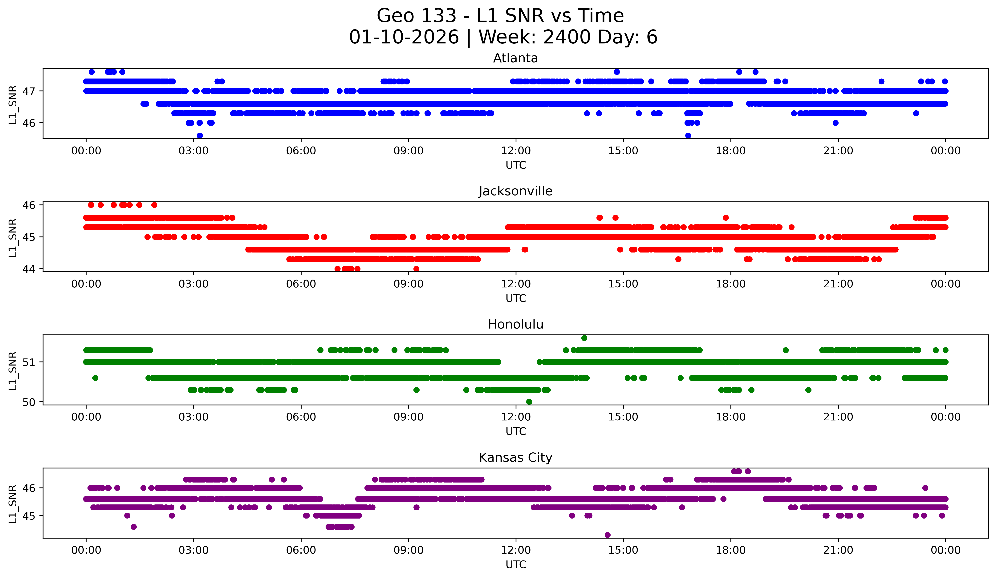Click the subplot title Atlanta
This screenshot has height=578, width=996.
pyautogui.click(x=515, y=58)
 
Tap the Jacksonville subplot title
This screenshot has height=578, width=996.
pyautogui.click(x=515, y=191)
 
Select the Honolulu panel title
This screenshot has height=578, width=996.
pyautogui.click(x=515, y=324)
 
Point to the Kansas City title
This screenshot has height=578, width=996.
pyautogui.click(x=515, y=458)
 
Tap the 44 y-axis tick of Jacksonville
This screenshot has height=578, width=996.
pyautogui.click(x=29, y=269)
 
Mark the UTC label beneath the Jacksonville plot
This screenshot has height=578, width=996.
pyautogui.click(x=516, y=298)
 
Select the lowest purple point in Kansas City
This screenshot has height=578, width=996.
pyautogui.click(x=608, y=535)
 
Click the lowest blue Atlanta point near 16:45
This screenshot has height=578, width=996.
pyautogui.click(x=688, y=135)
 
